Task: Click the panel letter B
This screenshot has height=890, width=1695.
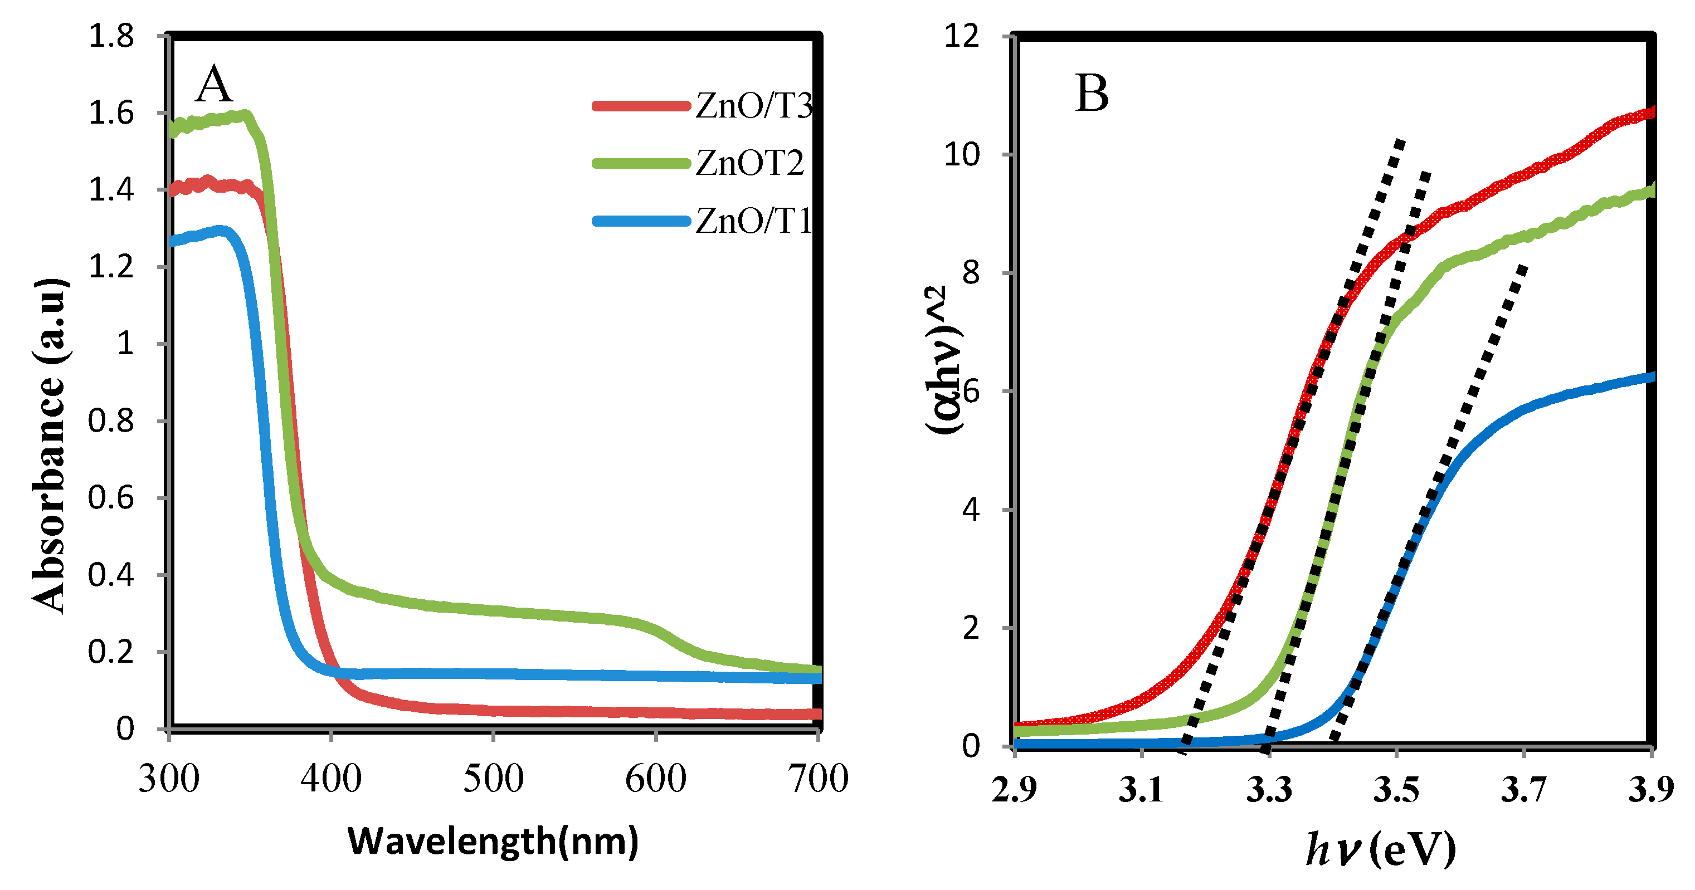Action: coord(1092,94)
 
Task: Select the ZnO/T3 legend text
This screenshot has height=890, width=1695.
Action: coord(754,105)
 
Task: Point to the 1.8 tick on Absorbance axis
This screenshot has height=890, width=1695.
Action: coord(111,36)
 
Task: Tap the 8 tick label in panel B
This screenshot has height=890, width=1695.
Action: coord(971,272)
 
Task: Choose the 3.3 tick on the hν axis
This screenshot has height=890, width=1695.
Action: coord(1269,789)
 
